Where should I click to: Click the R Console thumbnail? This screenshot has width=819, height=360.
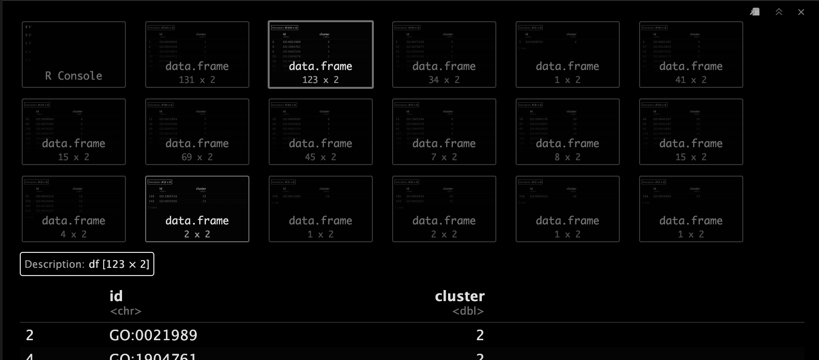[74, 55]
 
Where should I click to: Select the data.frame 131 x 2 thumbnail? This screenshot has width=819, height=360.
[197, 55]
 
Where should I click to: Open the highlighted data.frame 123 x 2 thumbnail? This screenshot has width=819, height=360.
[321, 55]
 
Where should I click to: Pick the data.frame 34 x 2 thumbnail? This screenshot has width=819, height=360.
[444, 55]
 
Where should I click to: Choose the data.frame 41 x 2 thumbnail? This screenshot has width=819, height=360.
[691, 55]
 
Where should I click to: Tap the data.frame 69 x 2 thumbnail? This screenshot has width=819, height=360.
[197, 132]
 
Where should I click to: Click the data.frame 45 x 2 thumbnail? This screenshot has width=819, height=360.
[321, 132]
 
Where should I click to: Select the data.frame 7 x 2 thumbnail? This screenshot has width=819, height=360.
[444, 132]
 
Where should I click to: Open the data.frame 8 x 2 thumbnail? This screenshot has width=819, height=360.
[568, 132]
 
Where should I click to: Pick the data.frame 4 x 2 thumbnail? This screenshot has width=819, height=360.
[74, 209]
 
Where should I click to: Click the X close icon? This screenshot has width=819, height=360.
[801, 12]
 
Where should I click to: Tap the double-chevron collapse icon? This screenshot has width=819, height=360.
[779, 12]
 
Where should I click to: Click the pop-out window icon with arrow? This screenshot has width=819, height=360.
[755, 12]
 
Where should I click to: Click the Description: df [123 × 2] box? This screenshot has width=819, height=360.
[87, 264]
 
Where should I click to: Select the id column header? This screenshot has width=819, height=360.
[116, 296]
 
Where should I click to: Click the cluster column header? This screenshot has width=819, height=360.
[460, 296]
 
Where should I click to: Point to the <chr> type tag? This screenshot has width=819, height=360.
[125, 311]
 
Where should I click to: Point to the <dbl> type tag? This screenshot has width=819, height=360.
[468, 311]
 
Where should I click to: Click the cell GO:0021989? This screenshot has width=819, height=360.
[153, 335]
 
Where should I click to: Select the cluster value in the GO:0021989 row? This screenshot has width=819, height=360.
[479, 335]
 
